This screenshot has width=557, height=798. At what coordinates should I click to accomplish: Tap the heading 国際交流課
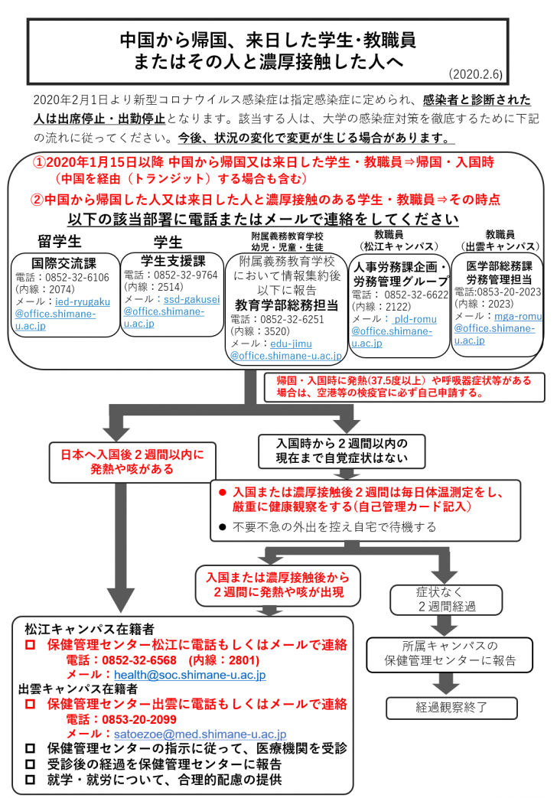click(64, 263)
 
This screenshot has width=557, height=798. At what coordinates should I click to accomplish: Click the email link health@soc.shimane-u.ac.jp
click(189, 676)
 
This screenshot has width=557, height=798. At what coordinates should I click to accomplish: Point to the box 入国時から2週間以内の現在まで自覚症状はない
click(342, 451)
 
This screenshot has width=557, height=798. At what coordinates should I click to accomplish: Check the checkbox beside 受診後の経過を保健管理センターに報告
click(30, 764)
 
